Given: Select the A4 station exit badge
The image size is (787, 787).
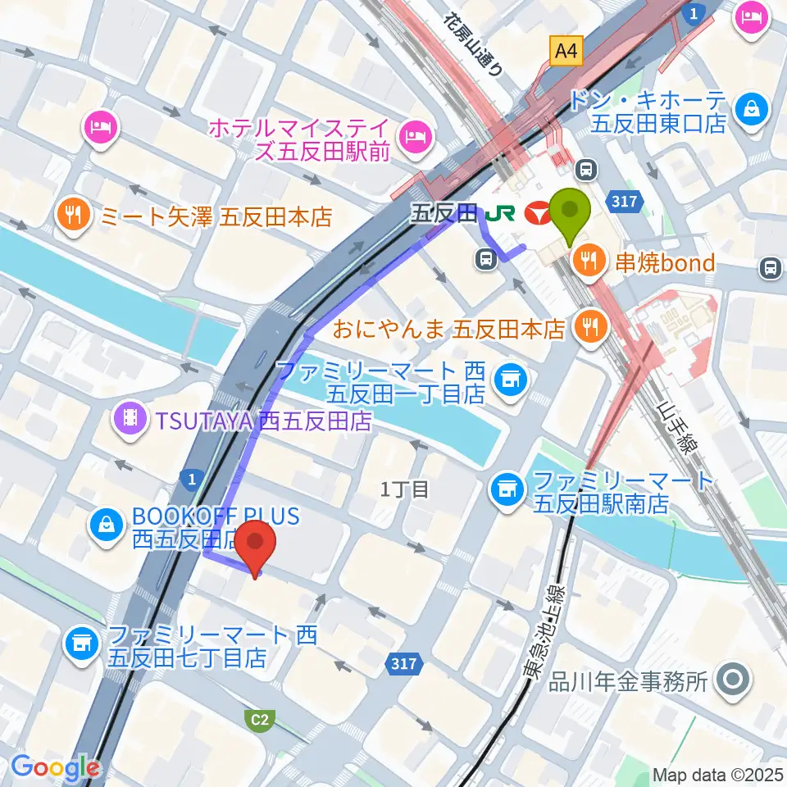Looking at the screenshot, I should (565, 52).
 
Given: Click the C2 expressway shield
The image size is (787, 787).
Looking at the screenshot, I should (259, 721).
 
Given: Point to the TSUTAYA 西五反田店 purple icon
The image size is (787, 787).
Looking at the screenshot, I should (130, 421).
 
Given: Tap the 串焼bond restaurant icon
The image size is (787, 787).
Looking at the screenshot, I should (588, 262).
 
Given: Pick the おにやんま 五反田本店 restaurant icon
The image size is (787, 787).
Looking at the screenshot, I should (588, 328).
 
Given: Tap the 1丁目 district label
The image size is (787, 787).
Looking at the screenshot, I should (405, 490).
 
